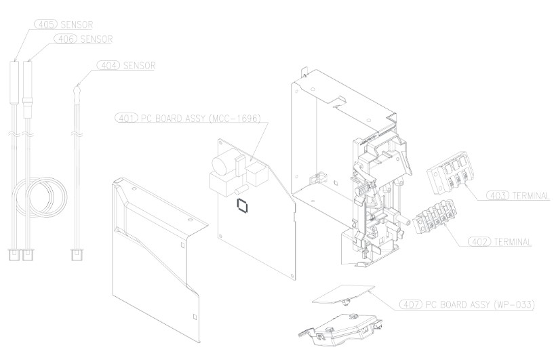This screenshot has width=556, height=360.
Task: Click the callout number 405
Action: click(x=46, y=24)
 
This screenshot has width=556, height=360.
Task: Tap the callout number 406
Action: click(x=66, y=39)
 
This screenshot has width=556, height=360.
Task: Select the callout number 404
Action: click(x=109, y=66)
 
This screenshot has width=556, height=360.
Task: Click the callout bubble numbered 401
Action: click(x=127, y=118)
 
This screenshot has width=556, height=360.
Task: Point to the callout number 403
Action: click(x=498, y=195)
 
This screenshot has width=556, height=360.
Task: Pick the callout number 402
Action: click(x=480, y=242)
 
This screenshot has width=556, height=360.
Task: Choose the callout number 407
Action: click(x=411, y=304)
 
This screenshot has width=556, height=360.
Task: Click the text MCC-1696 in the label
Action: click(x=235, y=118)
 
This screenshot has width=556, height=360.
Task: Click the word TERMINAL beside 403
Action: click(x=531, y=195)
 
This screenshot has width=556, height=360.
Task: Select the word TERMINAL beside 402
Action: click(x=513, y=242)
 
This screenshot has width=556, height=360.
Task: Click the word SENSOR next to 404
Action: click(x=140, y=66)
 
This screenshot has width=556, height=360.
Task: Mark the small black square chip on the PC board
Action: click(x=242, y=205)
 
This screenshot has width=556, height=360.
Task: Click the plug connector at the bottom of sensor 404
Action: click(x=77, y=255)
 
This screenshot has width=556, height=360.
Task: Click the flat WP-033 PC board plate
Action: click(x=343, y=294)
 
